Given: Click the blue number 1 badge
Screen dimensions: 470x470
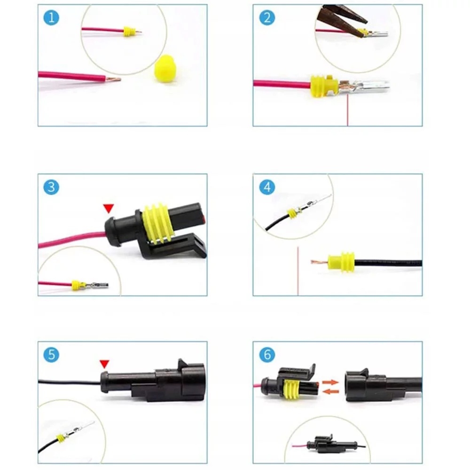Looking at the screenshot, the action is coord(51,17).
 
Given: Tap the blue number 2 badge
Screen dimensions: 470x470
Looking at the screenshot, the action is coord(267,17).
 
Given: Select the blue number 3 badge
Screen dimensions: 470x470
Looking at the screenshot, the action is coord(51,187).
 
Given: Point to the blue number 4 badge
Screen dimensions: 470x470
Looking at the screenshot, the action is coord(267,187).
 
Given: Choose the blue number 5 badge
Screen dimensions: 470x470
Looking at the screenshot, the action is coord(51,355).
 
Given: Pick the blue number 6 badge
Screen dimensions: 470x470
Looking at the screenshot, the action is coord(267,355).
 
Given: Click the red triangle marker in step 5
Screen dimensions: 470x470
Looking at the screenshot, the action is coord(104,364).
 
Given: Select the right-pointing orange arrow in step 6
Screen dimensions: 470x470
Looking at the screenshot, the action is coord(330,382).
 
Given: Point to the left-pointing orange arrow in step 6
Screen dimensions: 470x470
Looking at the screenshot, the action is coord(330,391).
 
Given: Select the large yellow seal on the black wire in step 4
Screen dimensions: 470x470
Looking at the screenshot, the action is coord(341,262).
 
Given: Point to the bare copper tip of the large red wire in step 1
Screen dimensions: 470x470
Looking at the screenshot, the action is coord(113,79).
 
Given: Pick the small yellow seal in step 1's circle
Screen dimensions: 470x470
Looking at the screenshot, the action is coord(128,31).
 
